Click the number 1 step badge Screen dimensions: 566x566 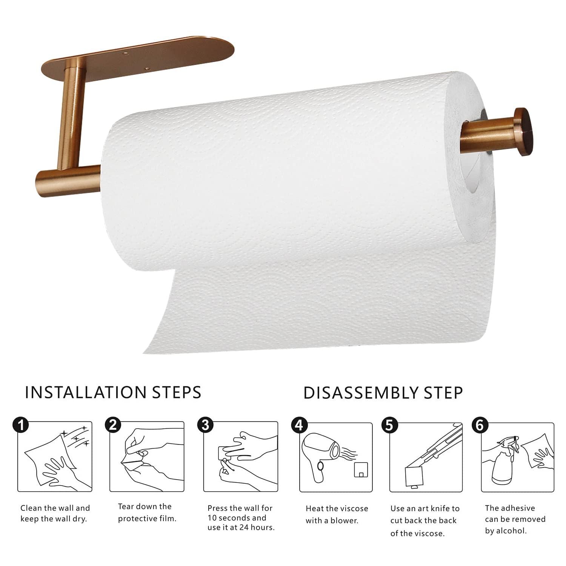coord(21,425)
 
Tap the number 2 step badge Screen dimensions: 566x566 coord(113,425)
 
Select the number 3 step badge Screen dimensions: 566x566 coord(205,425)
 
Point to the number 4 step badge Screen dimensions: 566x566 coord(299,425)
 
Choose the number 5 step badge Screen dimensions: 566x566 coord(389,425)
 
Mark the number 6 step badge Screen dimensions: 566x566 coord(480,425)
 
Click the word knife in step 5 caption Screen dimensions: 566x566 coord(438,508)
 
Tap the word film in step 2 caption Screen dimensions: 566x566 coord(168,518)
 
